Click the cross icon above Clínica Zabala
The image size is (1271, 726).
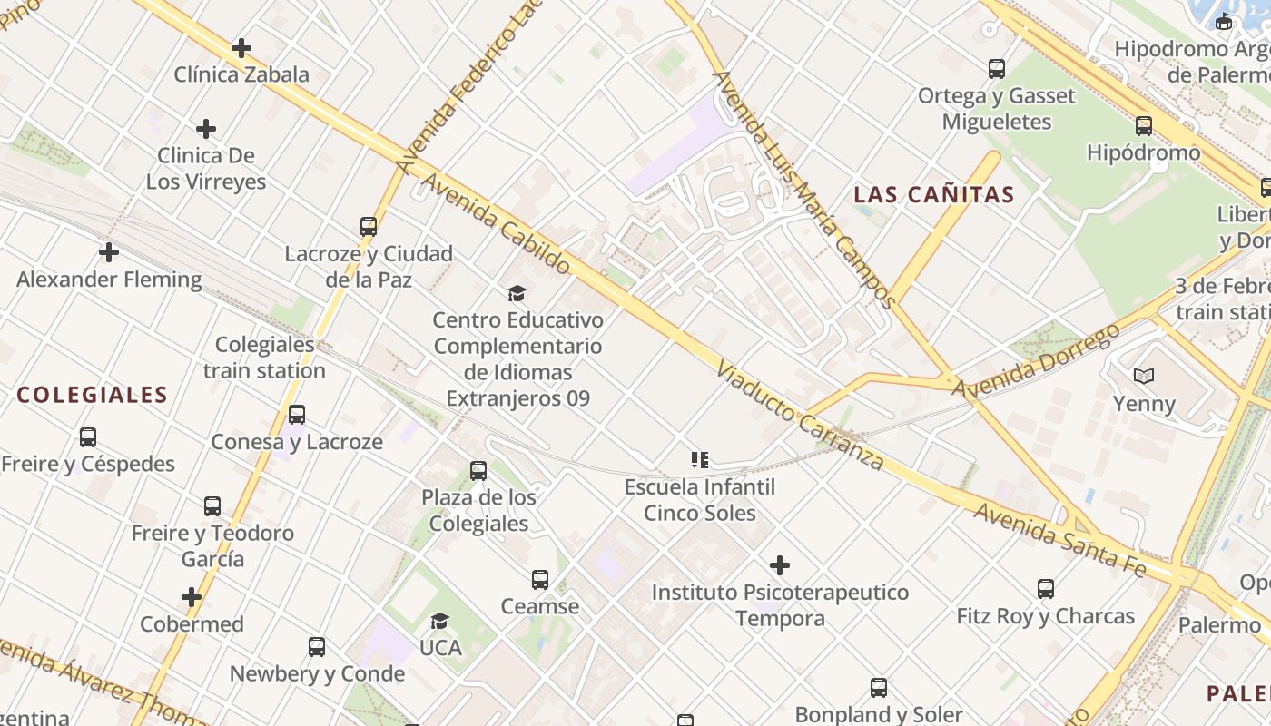(241, 48)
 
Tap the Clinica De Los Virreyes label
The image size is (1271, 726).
(206, 169)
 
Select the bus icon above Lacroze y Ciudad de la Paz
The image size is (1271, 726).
(369, 227)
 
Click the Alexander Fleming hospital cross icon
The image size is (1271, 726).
(109, 252)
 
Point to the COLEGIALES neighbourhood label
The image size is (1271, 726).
(93, 395)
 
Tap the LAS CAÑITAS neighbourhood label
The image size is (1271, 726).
(934, 194)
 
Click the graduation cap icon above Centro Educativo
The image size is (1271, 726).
(517, 293)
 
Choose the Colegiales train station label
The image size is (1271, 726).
(264, 358)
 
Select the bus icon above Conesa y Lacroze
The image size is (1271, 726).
(297, 415)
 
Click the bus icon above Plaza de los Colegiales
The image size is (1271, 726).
(478, 471)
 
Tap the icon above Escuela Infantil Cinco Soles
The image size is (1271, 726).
(699, 460)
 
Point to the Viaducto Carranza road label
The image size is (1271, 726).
(799, 417)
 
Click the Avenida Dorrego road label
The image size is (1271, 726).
(1036, 361)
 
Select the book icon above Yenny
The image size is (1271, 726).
(1144, 376)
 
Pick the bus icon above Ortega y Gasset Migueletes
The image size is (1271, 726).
(997, 68)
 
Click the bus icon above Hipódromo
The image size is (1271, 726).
(1144, 126)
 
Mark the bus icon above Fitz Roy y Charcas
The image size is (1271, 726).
(1046, 589)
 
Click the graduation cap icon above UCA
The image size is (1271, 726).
(440, 622)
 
